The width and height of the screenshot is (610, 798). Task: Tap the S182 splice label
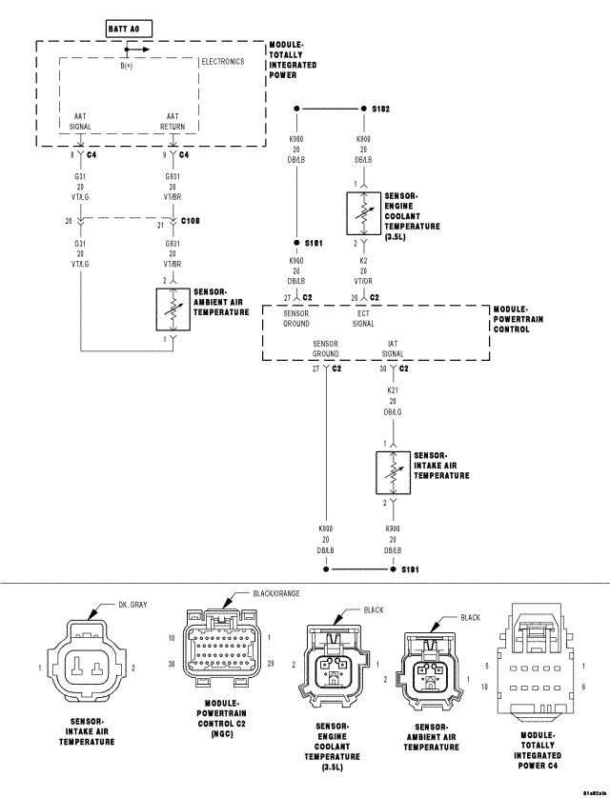coord(380,110)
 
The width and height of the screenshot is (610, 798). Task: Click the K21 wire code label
coord(391,389)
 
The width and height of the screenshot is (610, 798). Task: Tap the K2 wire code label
coord(363,260)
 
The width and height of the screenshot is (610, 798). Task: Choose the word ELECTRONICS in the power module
coord(223,62)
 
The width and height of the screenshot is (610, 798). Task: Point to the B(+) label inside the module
coord(127,65)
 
